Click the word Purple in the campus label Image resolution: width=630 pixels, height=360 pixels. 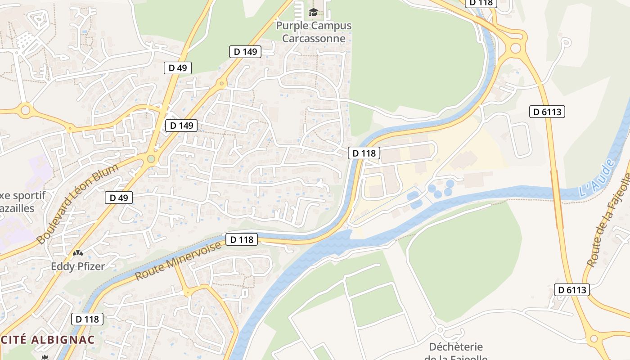coord(291,26)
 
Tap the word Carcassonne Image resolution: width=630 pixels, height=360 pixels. coord(314,38)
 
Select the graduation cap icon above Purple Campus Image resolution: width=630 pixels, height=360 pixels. coord(313,12)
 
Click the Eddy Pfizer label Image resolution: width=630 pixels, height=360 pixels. coord(78,266)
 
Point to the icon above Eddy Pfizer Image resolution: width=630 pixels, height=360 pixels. coord(78,254)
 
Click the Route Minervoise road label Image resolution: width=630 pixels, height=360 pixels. coord(179,261)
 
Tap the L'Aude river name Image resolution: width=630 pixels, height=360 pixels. coord(597,179)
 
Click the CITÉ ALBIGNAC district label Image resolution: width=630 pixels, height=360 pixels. coord(47,340)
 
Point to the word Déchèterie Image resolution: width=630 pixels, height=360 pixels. coord(455,347)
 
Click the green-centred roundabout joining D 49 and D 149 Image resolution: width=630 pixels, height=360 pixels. coord(151,159)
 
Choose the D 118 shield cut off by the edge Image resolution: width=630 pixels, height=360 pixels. coord(482,3)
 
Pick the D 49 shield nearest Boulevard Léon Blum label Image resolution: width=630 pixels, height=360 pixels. coord(119,197)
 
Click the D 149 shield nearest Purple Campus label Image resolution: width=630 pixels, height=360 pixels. coord(246,51)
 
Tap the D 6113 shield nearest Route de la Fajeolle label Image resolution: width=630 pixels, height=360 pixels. coord(571,290)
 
